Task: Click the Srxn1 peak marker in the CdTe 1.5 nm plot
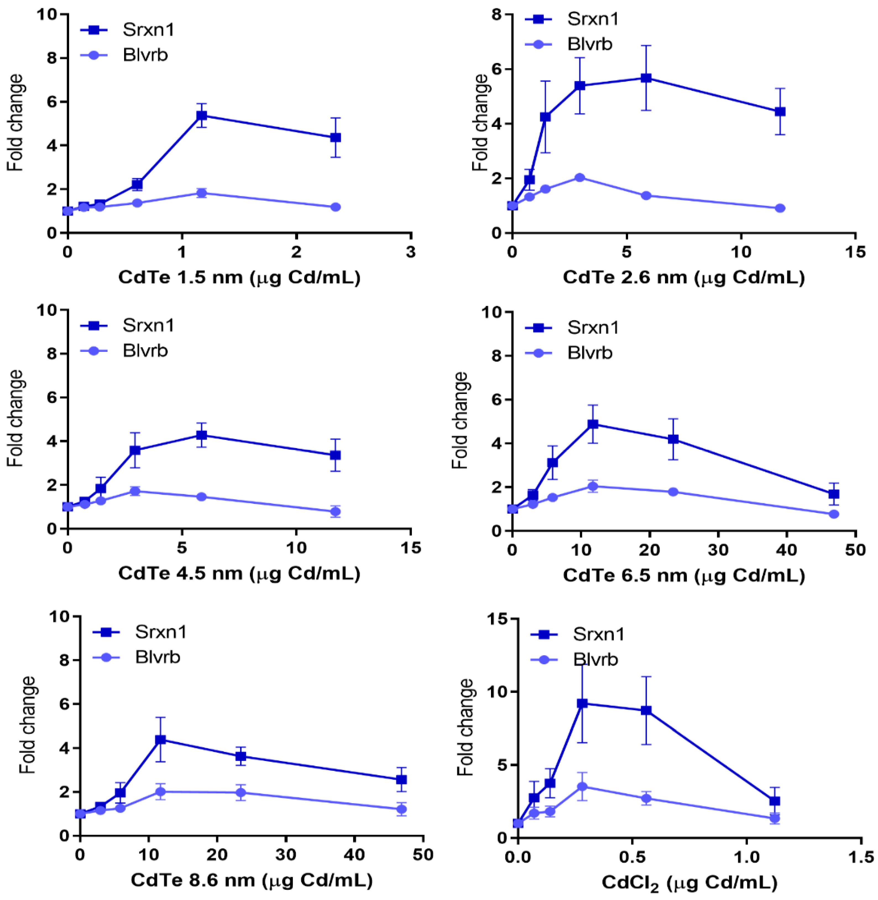202,115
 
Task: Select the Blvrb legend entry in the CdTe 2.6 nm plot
589,44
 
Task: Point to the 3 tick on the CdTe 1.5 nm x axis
411,252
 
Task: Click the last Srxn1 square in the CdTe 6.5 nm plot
833,494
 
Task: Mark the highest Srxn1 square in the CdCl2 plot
582,703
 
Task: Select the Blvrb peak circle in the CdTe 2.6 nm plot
580,178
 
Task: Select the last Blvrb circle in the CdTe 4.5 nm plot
336,511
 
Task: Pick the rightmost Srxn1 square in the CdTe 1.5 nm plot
336,137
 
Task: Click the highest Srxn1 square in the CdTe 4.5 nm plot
202,435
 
